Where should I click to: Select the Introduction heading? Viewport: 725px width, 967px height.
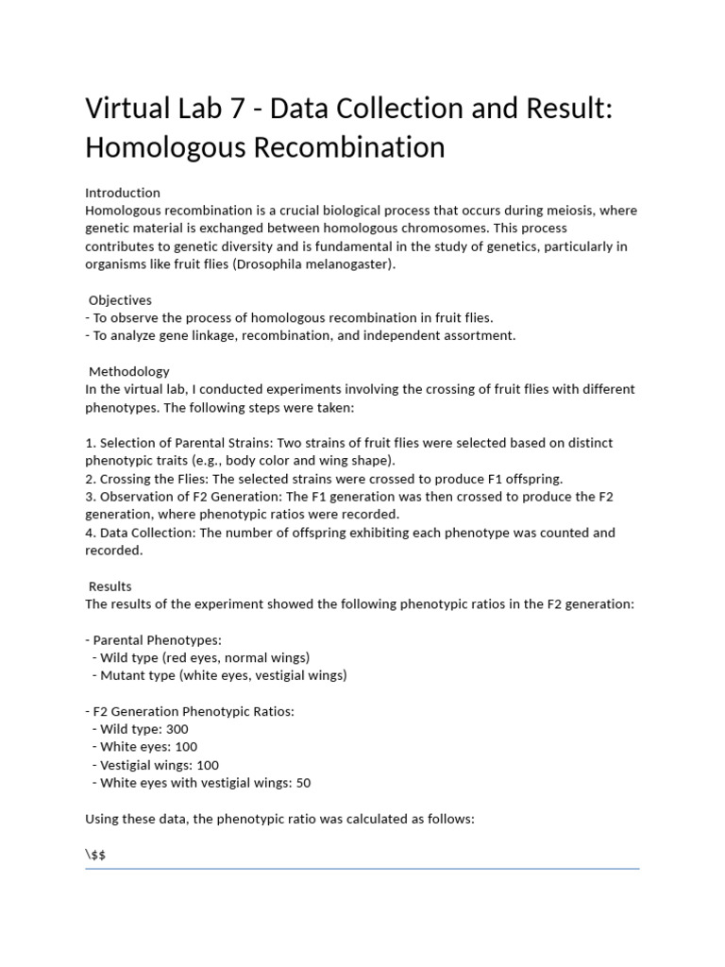point(123,193)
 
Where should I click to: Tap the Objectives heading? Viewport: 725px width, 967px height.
point(120,300)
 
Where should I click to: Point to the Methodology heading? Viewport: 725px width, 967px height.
point(129,371)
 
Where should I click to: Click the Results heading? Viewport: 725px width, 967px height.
point(110,586)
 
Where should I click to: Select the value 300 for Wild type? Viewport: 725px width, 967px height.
point(177,729)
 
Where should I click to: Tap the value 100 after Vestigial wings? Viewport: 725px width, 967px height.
point(208,765)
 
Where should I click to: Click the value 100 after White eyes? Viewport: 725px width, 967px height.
point(186,747)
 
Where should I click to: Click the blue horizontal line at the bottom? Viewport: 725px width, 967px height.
point(362,868)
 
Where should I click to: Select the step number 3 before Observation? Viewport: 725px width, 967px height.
point(90,497)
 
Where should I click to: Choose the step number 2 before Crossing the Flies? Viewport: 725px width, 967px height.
point(90,479)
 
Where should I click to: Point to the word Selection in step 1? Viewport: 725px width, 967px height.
point(126,443)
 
